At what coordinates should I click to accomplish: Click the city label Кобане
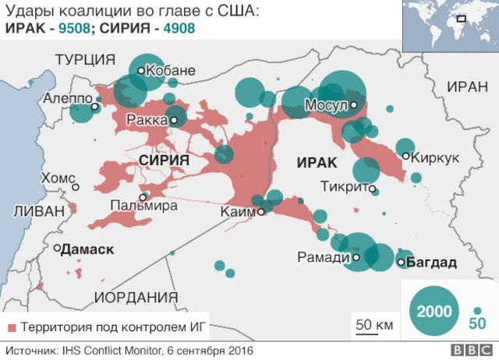pyautogui.click(x=170, y=70)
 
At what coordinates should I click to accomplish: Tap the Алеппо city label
pyautogui.click(x=66, y=99)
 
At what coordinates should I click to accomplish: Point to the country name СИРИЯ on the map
pyautogui.click(x=164, y=160)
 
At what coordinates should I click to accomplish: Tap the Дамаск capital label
pyautogui.click(x=87, y=249)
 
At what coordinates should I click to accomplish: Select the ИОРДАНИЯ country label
pyautogui.click(x=136, y=297)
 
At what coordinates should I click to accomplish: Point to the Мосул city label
pyautogui.click(x=325, y=105)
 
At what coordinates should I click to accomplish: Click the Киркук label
pyautogui.click(x=435, y=157)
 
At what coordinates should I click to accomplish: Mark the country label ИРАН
pyautogui.click(x=467, y=86)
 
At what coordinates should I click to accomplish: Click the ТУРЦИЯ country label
pyautogui.click(x=85, y=60)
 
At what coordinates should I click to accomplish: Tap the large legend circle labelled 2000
pyautogui.click(x=434, y=311)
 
